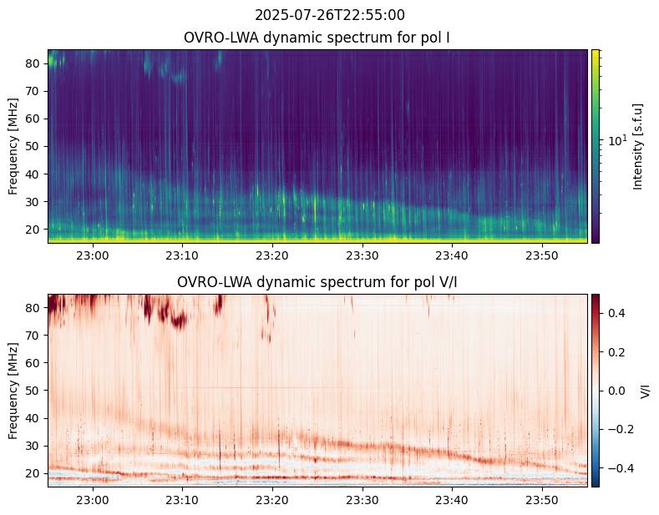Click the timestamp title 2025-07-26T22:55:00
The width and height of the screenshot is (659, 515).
(x=329, y=15)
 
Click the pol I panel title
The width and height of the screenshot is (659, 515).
(x=317, y=38)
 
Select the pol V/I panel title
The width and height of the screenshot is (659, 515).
(x=317, y=282)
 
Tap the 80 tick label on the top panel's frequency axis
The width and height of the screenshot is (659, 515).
(x=33, y=63)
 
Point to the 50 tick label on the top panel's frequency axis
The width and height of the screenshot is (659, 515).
(x=33, y=147)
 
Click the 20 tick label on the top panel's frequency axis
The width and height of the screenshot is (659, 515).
(x=33, y=230)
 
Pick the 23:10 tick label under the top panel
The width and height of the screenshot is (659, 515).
(x=182, y=255)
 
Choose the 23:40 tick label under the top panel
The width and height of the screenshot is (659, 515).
(x=452, y=255)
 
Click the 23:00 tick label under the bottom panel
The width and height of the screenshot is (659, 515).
(x=93, y=500)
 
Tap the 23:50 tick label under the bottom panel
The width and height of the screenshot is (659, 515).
(x=542, y=500)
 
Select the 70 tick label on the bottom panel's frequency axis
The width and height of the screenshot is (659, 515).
(x=33, y=336)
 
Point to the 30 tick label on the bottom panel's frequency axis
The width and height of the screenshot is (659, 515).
(x=33, y=446)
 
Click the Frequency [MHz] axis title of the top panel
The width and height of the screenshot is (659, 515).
(x=13, y=147)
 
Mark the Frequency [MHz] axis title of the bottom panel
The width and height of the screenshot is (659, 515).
(x=13, y=391)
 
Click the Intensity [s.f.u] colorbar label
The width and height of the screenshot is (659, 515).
(x=637, y=147)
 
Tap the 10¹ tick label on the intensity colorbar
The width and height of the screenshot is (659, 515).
(x=617, y=140)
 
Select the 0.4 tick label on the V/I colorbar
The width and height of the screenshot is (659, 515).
(x=616, y=313)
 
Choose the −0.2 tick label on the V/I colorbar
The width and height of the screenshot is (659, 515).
(x=620, y=429)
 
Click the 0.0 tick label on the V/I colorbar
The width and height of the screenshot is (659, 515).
(x=616, y=391)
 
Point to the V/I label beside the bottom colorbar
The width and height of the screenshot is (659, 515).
(x=645, y=391)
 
